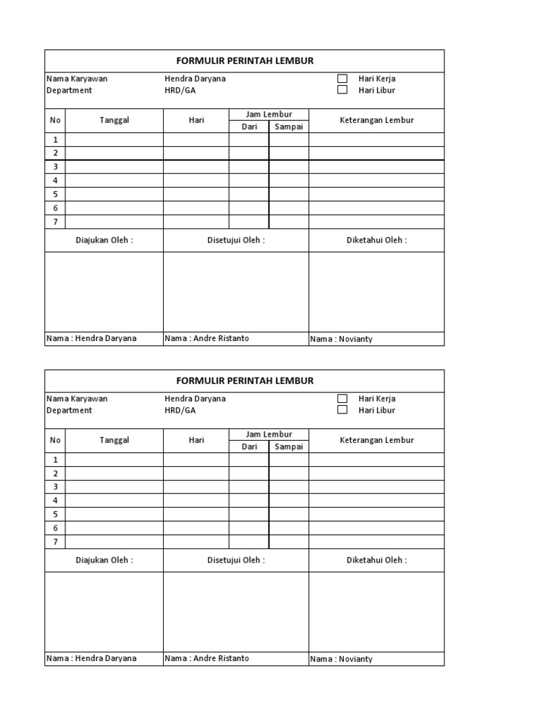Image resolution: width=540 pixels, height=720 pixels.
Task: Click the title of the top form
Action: (245, 61)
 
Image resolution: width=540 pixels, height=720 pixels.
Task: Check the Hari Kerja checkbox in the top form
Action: (342, 79)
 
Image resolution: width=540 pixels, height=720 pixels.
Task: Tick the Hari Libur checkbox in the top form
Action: (342, 90)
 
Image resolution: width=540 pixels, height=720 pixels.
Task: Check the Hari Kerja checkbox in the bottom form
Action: (342, 399)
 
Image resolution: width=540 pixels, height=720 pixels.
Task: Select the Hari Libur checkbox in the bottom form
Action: (342, 410)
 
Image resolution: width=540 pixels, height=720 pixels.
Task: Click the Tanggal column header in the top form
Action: (115, 120)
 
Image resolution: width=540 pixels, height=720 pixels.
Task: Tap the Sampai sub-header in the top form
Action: (288, 127)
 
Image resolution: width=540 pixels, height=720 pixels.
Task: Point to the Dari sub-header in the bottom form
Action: (249, 446)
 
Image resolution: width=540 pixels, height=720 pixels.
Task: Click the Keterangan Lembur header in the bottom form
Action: (376, 440)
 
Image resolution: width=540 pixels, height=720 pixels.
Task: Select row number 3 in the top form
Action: (55, 167)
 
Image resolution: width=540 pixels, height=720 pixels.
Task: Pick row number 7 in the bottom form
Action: (55, 541)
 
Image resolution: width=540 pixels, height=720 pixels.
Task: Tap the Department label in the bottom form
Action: (69, 410)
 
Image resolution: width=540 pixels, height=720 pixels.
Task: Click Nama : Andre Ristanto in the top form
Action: (207, 338)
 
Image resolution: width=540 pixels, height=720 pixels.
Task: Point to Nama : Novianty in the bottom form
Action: (341, 659)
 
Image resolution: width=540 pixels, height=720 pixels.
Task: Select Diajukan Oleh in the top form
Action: (104, 240)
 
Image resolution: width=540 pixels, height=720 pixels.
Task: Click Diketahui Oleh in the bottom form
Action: (376, 560)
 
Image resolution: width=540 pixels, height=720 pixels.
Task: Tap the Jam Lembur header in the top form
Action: (269, 114)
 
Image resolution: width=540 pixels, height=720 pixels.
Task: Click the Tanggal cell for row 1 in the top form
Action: (115, 140)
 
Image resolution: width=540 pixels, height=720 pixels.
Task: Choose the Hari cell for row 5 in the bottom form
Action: (196, 514)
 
